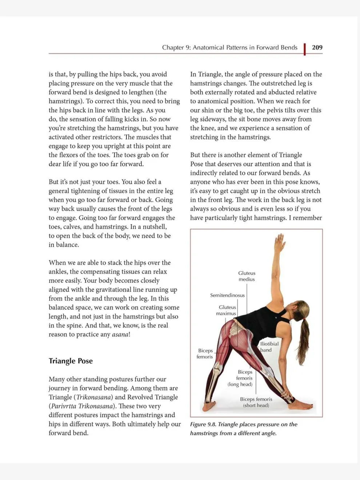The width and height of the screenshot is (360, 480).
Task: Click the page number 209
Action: [x=317, y=48]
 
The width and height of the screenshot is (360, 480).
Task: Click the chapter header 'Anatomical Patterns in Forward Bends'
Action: [x=245, y=48]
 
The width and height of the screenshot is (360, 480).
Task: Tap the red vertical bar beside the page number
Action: [x=305, y=49]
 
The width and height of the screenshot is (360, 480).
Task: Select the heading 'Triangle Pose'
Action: [x=71, y=361]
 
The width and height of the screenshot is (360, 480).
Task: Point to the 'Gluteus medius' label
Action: [x=247, y=276]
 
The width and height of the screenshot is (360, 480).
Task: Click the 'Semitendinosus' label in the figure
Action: [x=227, y=295]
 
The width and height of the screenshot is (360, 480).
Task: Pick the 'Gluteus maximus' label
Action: [x=226, y=310]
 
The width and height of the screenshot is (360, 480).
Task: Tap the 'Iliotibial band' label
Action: [x=269, y=347]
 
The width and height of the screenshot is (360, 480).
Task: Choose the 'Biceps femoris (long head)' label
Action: [x=240, y=378]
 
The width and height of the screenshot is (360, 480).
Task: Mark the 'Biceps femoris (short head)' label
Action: [x=256, y=402]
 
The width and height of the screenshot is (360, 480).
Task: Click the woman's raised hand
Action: [x=279, y=243]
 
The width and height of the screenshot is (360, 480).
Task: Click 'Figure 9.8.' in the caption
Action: [x=203, y=424]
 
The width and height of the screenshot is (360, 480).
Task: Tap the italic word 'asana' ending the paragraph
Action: [x=120, y=335]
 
